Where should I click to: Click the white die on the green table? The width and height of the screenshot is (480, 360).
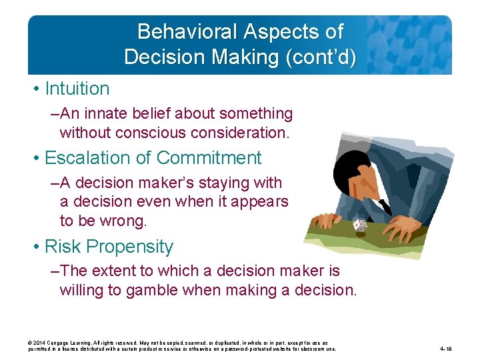point(360,226)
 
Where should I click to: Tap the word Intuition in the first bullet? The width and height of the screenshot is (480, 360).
point(77,89)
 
